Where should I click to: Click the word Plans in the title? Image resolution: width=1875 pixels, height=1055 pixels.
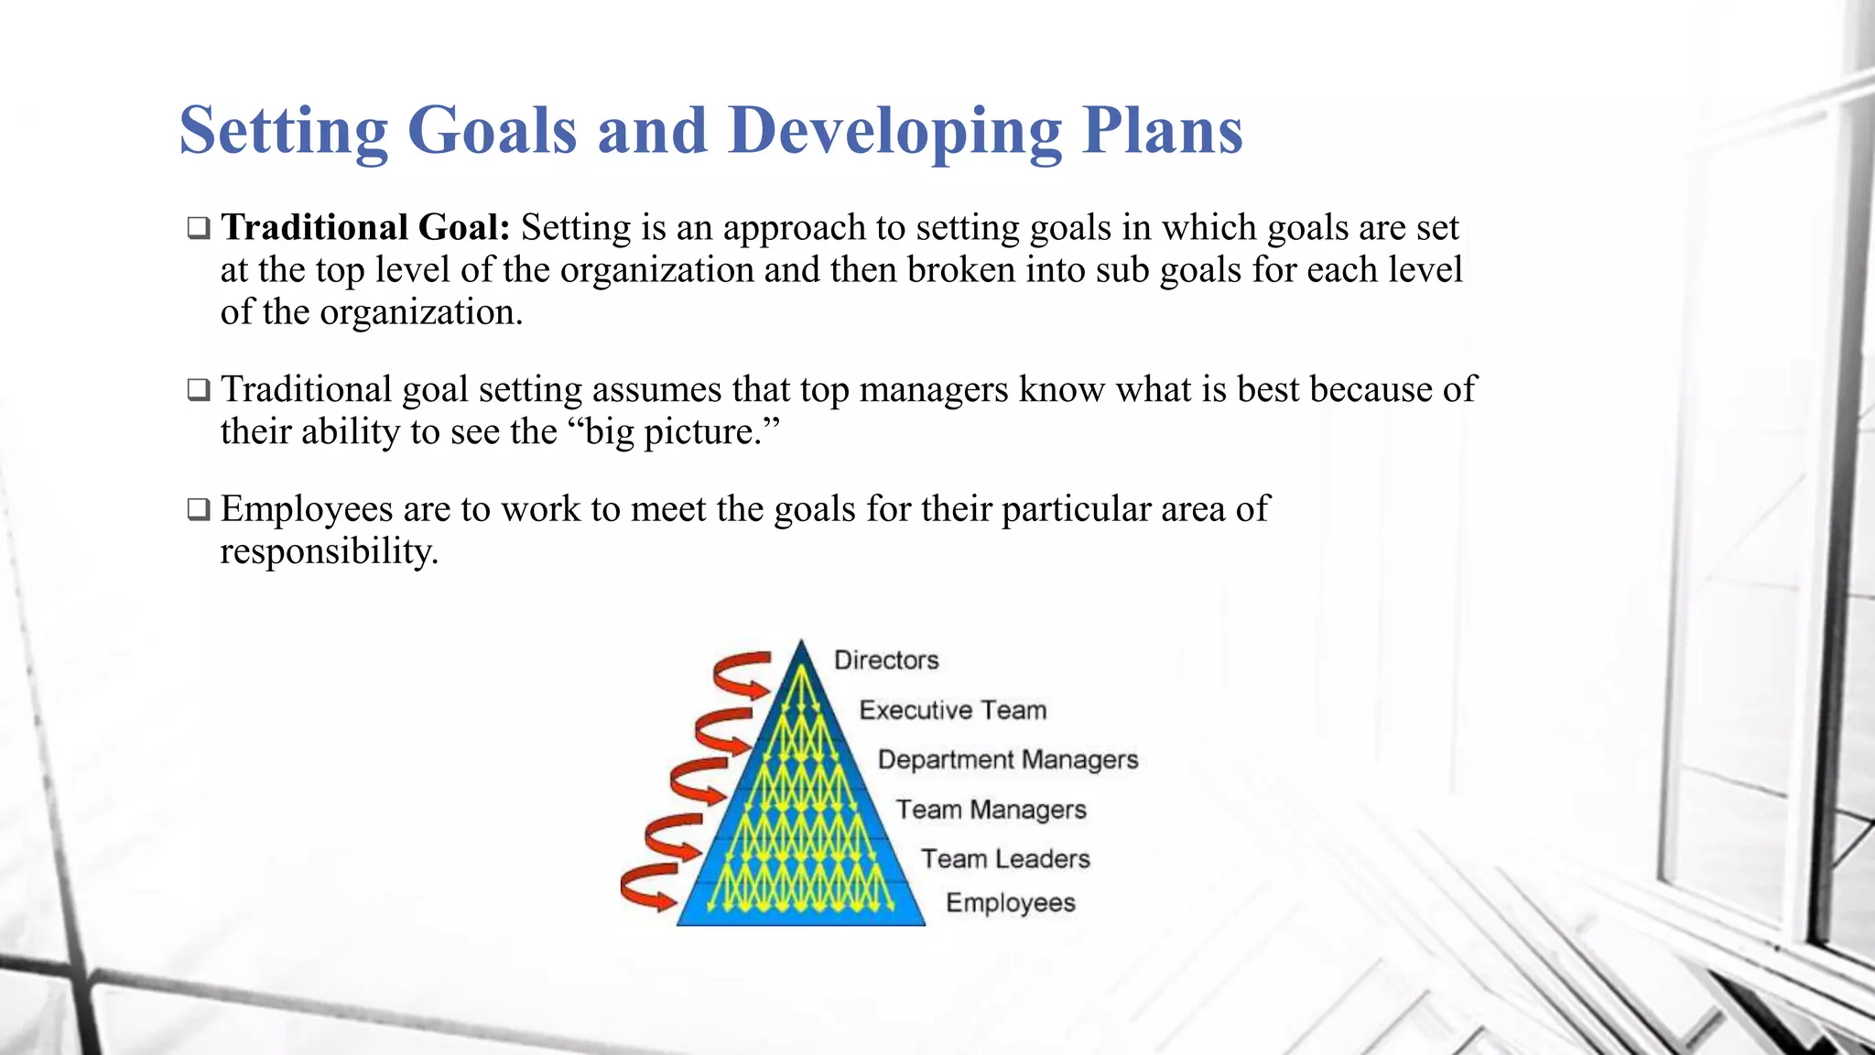(1162, 130)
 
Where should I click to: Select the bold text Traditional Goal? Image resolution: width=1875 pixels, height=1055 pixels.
(365, 227)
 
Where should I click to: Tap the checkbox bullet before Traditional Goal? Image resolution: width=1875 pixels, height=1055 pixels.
(199, 228)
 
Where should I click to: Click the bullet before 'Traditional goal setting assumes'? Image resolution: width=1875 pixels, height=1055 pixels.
(199, 390)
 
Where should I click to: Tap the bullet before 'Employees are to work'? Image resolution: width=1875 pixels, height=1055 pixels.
(199, 509)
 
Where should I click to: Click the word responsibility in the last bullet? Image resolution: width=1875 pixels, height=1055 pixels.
(329, 551)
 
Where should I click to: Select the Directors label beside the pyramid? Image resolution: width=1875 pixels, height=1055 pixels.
(886, 660)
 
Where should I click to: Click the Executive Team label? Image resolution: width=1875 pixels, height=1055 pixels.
(952, 711)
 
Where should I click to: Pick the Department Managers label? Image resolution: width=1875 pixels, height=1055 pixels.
(1007, 760)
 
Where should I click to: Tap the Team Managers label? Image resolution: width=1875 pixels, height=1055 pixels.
(991, 810)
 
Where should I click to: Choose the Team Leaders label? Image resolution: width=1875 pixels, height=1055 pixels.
(1005, 859)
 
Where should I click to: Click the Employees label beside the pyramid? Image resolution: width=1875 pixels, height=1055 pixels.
(1010, 903)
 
